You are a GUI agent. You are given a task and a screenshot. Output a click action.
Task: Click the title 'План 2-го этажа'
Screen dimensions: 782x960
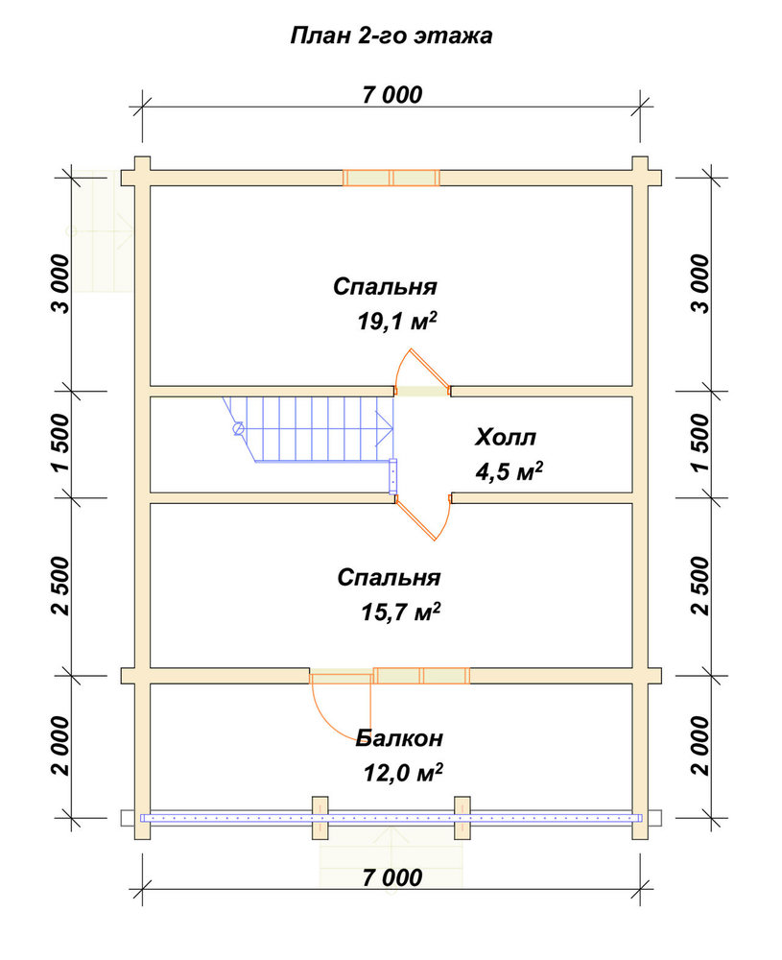point(391,36)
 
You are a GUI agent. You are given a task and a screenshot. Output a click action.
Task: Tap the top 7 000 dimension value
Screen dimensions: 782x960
point(392,95)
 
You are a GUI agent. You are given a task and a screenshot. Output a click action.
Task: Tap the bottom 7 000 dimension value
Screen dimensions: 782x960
point(392,877)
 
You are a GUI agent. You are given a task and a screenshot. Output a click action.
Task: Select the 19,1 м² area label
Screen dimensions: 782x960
point(398,321)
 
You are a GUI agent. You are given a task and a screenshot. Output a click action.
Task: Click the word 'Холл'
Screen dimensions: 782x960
point(506,437)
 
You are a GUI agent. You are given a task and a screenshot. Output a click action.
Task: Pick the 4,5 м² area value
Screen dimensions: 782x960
point(509,470)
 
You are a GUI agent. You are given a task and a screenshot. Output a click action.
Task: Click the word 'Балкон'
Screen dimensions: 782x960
point(399,737)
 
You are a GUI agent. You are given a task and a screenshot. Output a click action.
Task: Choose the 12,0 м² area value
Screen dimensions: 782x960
point(403,773)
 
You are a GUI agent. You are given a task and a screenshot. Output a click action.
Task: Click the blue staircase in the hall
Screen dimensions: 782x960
point(309,428)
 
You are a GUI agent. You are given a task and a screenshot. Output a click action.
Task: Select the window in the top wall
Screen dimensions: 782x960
point(391,178)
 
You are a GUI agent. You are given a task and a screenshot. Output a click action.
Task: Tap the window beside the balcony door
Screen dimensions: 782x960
point(421,675)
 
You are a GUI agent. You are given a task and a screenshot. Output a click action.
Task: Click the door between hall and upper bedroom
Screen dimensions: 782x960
point(422,373)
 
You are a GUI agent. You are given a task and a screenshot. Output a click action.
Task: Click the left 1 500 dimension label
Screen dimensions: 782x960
point(63,443)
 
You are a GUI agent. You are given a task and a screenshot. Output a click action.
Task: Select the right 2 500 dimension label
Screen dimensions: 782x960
point(700,586)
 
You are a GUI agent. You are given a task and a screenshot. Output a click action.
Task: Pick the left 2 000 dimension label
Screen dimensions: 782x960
point(63,746)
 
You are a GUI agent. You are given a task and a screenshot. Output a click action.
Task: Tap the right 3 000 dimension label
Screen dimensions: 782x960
point(700,284)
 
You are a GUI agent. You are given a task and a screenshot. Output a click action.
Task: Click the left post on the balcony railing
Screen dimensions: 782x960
point(320,818)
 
